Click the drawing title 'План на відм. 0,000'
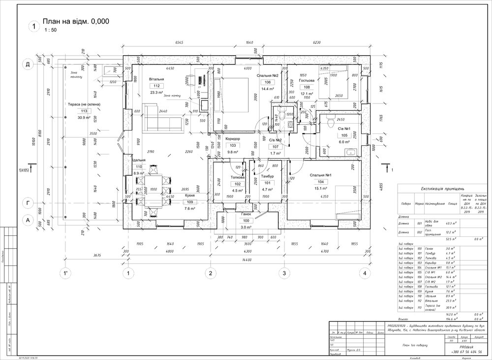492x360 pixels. tap(75, 21)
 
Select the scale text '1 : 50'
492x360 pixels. tap(50, 31)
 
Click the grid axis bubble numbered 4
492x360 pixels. tap(365, 273)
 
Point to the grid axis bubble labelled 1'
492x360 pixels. tap(64, 273)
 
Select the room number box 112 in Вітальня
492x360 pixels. tap(156, 86)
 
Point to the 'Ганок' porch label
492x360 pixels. tap(246, 215)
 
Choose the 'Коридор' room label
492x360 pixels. tap(233, 139)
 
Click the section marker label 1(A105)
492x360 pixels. tap(23, 170)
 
